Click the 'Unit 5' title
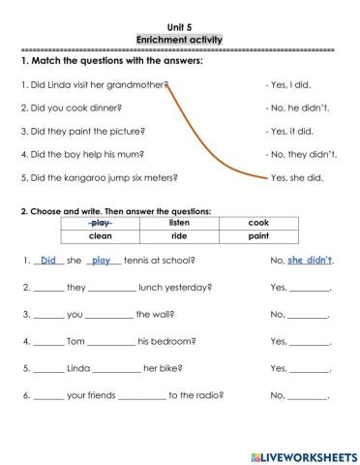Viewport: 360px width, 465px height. (179, 25)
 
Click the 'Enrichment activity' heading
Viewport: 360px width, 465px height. (179, 39)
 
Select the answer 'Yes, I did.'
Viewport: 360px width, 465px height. (294, 84)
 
